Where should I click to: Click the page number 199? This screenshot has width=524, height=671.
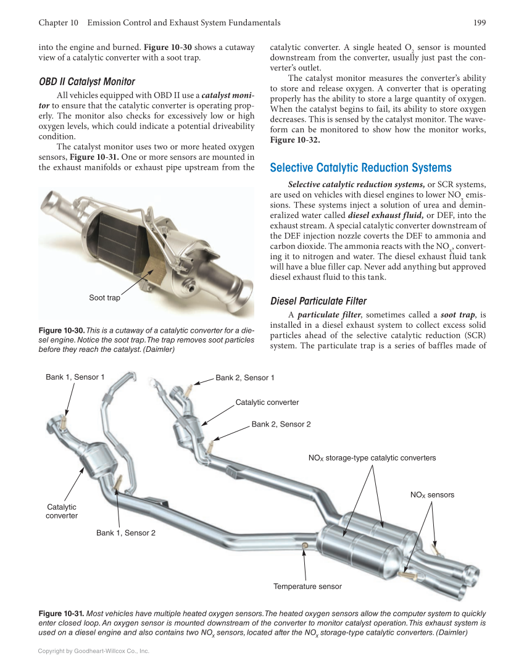click(x=480, y=23)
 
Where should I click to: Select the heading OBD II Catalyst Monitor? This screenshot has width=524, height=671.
click(x=86, y=81)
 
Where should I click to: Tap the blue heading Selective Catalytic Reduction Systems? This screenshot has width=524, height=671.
click(x=360, y=168)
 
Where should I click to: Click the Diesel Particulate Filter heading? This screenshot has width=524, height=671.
click(x=318, y=301)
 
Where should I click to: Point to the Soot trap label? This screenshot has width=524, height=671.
click(x=104, y=298)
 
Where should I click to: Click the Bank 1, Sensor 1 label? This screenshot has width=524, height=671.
click(x=75, y=377)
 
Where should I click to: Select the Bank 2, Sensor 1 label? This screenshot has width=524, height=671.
click(x=244, y=378)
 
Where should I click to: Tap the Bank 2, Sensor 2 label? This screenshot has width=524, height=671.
click(x=281, y=425)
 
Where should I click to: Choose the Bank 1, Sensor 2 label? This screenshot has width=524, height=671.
click(x=125, y=533)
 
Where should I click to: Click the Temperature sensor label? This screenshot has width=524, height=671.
click(x=307, y=586)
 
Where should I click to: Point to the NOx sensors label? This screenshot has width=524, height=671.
click(x=432, y=495)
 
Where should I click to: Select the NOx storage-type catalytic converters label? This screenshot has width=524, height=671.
click(x=372, y=458)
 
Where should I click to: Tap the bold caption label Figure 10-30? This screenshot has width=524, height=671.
click(x=61, y=331)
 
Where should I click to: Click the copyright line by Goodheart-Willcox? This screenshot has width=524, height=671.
click(x=94, y=651)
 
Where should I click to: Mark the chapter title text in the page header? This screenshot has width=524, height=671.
click(x=184, y=23)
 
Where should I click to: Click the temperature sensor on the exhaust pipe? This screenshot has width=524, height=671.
click(x=304, y=544)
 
